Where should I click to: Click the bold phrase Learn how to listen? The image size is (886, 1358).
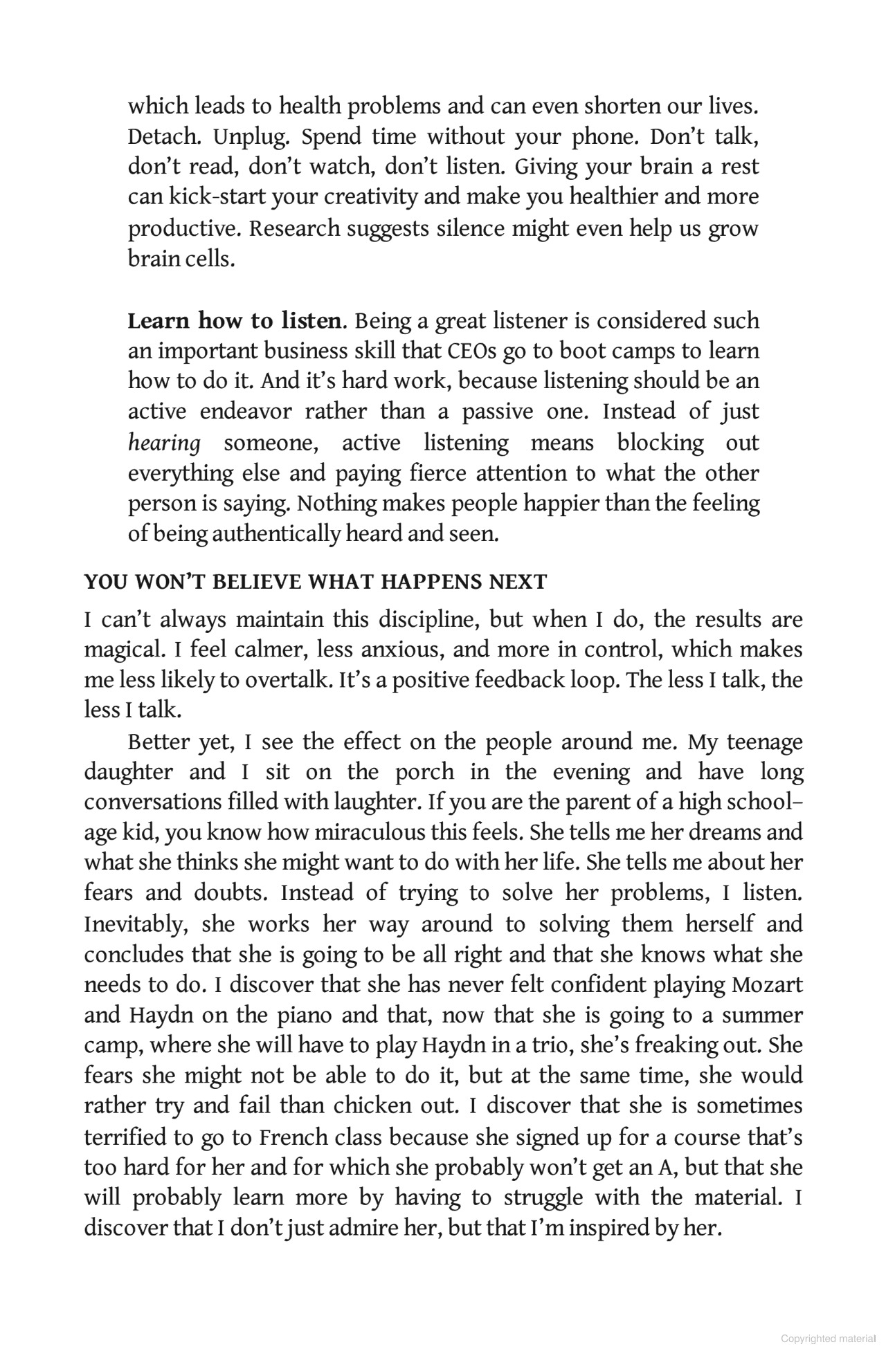coord(235,321)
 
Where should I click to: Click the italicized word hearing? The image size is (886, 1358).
coord(164,443)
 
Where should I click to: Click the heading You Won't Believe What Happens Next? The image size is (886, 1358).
coord(315,582)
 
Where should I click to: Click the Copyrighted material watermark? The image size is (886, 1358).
coord(828,1339)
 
